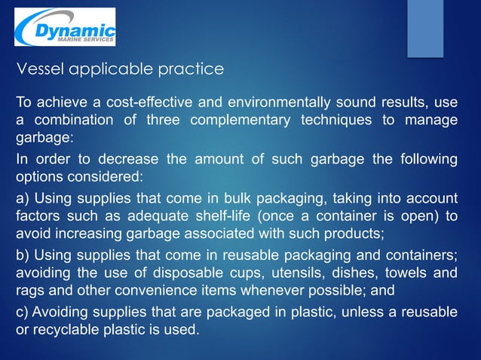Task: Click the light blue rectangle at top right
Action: pos(425,28)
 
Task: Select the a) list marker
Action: pos(23,198)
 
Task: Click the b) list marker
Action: pos(23,252)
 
